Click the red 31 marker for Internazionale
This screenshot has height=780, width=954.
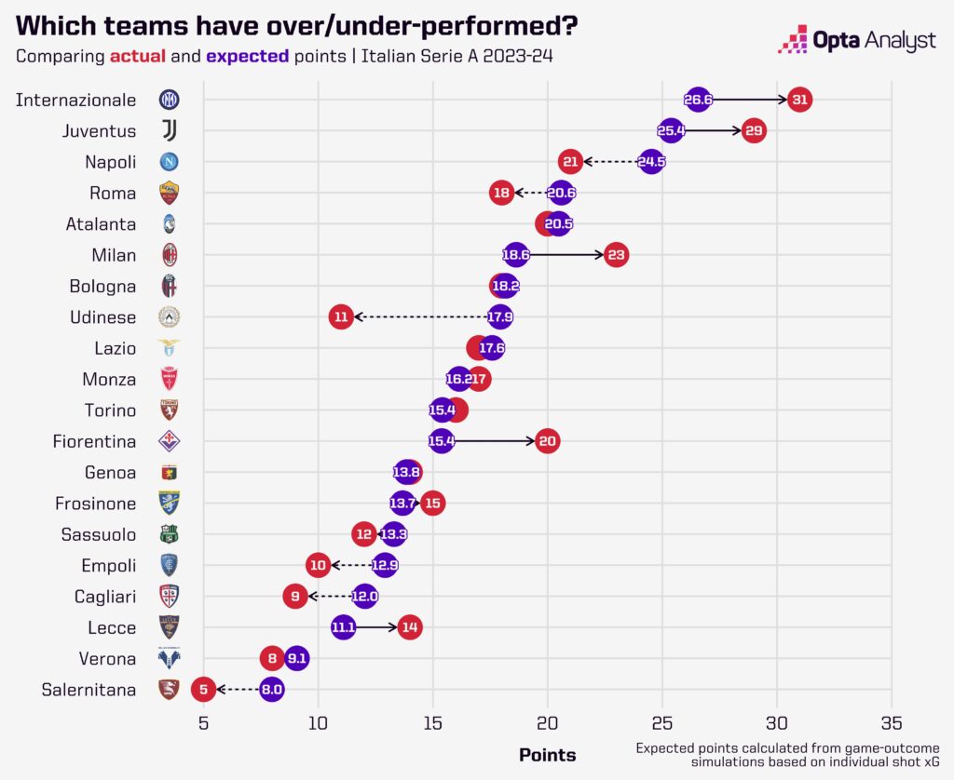tap(798, 100)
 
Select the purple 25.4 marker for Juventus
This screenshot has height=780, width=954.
tap(671, 130)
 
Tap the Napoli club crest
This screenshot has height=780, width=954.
tap(169, 162)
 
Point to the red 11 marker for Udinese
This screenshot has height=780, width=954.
tap(341, 316)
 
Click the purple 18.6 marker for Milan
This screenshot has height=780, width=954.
tap(516, 255)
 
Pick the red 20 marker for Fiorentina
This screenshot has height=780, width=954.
tap(548, 441)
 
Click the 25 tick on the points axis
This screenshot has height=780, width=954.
tap(662, 722)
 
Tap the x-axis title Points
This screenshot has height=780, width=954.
tap(547, 755)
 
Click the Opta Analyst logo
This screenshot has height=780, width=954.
tap(856, 39)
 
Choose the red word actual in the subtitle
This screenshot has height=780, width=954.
tap(138, 55)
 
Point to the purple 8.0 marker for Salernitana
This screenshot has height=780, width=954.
tap(272, 690)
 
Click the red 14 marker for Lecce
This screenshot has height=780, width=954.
tap(409, 627)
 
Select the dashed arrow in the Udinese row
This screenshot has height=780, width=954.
tap(419, 316)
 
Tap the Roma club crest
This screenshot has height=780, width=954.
tap(169, 193)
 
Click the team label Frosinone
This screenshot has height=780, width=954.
tap(96, 504)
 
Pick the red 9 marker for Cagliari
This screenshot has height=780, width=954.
tap(295, 596)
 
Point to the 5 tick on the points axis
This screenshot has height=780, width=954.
tap(203, 722)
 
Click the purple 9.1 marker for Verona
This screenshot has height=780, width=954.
tap(296, 658)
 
